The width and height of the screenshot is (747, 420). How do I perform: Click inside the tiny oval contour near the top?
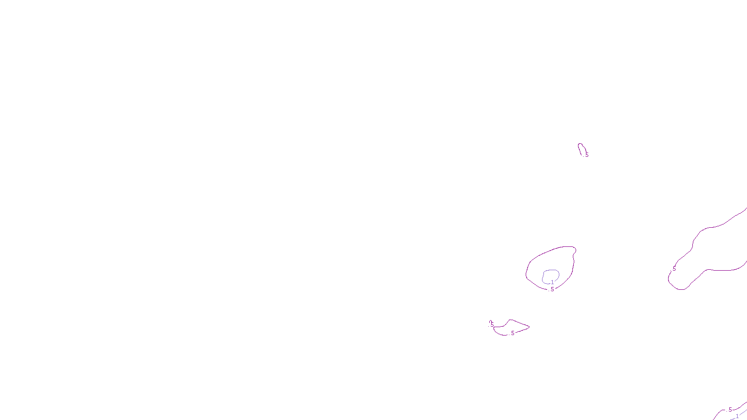[x=581, y=149]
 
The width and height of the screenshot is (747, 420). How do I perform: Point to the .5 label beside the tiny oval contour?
[x=586, y=155]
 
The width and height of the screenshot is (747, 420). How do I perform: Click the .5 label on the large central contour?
[x=552, y=289]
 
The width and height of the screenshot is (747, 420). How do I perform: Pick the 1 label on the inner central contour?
[x=552, y=282]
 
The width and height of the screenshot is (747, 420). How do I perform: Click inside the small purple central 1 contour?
[x=550, y=276]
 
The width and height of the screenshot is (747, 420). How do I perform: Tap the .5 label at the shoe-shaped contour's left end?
[x=492, y=324]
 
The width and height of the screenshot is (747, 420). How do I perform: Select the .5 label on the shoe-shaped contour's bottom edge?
[x=512, y=333]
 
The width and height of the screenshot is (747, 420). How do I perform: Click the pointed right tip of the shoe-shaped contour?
[x=529, y=327]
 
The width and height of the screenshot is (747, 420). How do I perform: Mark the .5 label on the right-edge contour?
[x=674, y=269]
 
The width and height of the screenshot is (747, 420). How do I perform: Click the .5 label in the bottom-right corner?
[x=730, y=410]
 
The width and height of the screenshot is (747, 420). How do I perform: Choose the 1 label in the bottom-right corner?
[x=737, y=416]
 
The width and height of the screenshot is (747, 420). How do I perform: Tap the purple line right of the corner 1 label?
[x=743, y=412]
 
